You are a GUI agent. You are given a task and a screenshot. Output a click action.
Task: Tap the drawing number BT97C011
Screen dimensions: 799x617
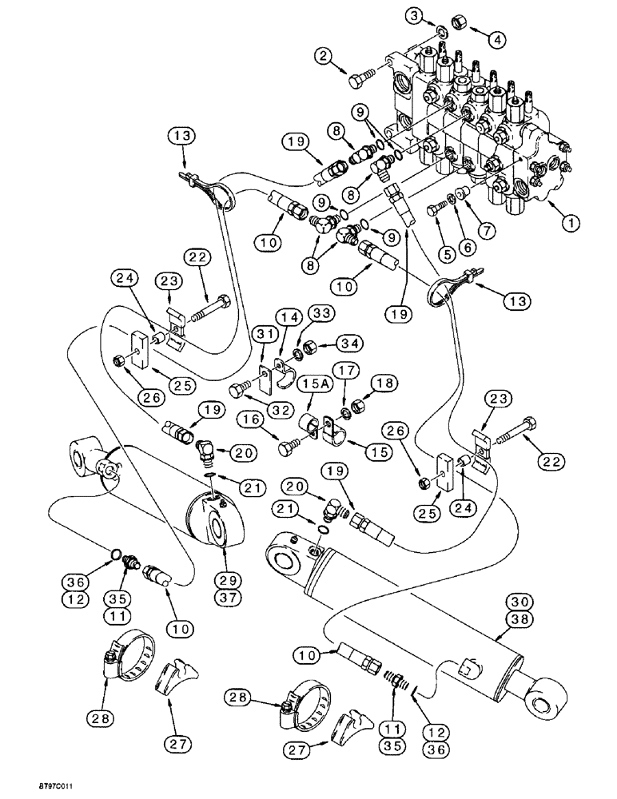coord(30,787)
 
